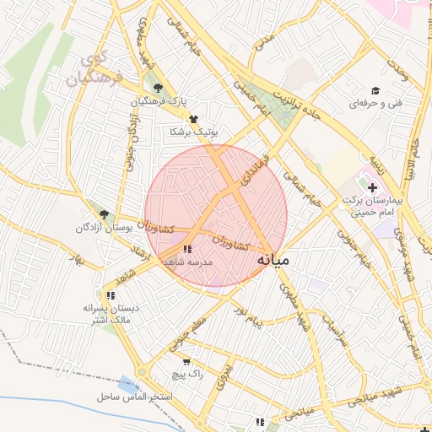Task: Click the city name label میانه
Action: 273,259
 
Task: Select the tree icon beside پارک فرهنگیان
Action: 158,87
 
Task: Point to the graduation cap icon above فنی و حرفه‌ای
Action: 375,90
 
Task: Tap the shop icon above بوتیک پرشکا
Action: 194,119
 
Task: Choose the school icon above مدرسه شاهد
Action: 187,249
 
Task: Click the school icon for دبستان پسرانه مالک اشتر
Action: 111,295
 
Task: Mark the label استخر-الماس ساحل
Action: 134,396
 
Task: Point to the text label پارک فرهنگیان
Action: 158,101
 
